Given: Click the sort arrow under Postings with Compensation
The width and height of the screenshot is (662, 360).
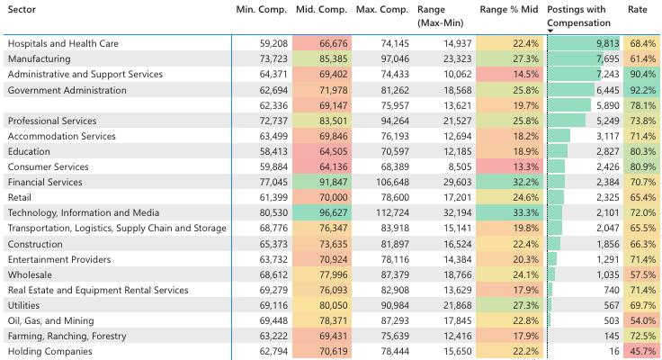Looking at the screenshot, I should point(550,30).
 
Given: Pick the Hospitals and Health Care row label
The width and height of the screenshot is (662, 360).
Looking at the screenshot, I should point(62,43).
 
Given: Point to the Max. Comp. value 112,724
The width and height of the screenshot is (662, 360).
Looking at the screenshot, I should point(388,213).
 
